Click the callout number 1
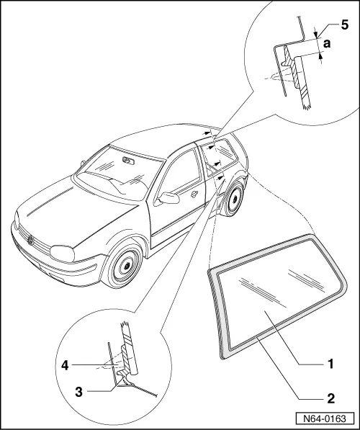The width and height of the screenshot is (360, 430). (330, 364)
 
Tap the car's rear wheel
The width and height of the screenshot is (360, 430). (231, 202)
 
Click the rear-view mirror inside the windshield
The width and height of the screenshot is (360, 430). (128, 161)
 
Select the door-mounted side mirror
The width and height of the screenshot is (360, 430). (170, 197)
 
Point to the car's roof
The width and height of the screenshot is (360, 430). (173, 136)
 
